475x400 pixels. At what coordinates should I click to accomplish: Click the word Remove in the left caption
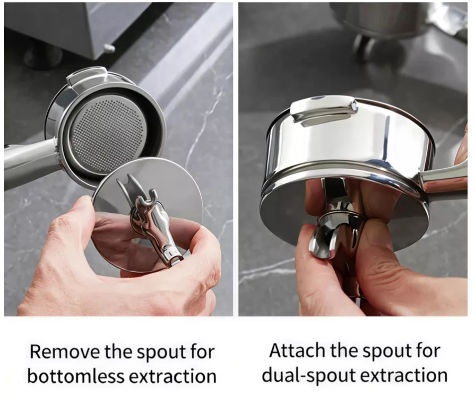[x=65, y=352]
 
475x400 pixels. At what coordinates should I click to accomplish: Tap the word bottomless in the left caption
[x=76, y=376]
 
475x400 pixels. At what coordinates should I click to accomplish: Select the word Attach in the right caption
[x=297, y=351]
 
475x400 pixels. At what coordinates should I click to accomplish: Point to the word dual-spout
[x=309, y=375]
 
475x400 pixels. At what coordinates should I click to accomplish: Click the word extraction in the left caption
[x=172, y=376]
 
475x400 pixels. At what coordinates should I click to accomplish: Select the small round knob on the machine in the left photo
[x=109, y=48]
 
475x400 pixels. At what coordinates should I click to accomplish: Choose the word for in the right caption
[x=428, y=351]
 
